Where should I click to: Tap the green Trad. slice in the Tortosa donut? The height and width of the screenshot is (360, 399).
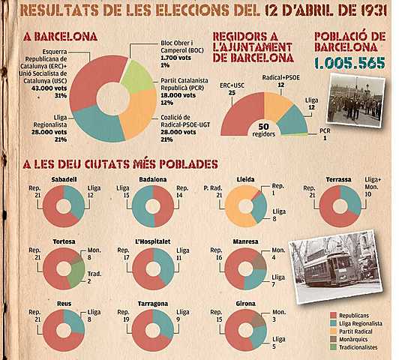click(x=76, y=274)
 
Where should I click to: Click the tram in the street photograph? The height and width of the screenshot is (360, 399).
click(x=328, y=266)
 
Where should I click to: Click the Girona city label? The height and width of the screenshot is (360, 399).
click(x=246, y=304)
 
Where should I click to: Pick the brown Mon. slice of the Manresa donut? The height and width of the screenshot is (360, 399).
click(x=258, y=259)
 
